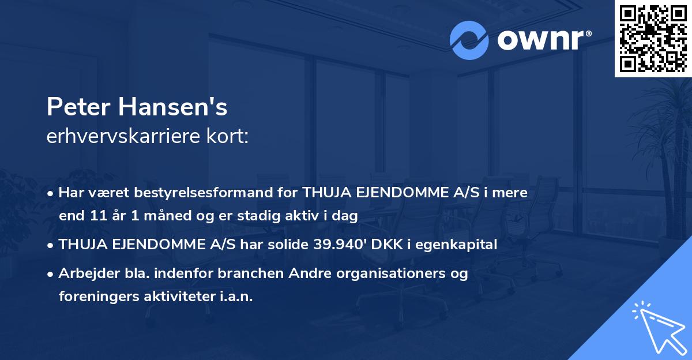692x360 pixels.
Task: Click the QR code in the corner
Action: point(653,39)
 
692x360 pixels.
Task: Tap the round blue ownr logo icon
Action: point(469,40)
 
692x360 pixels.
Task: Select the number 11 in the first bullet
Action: point(97,216)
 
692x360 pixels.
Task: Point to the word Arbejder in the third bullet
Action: point(85,273)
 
